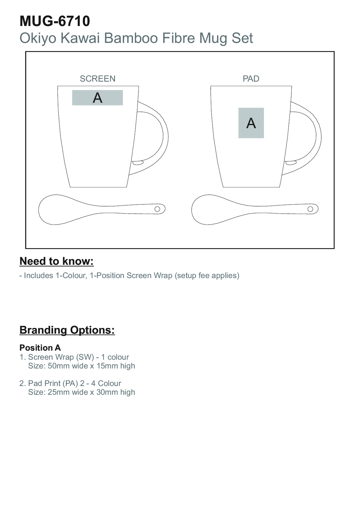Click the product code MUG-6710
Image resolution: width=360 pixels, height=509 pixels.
point(55,21)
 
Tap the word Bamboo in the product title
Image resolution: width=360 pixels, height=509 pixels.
point(131,38)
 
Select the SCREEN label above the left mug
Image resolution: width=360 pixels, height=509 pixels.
point(98,79)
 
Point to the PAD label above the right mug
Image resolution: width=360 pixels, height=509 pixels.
point(251,79)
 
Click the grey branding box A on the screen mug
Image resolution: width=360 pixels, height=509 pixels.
point(98,98)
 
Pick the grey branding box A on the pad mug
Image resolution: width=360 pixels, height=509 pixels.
point(251,123)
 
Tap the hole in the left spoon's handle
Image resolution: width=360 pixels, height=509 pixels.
point(157,209)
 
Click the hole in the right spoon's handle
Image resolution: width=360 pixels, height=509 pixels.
point(310,209)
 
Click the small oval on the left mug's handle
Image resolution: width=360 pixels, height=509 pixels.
point(138,163)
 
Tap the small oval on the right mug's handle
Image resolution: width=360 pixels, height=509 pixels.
point(291,163)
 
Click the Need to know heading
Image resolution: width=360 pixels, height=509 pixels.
point(57,261)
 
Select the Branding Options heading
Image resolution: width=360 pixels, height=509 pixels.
point(67,330)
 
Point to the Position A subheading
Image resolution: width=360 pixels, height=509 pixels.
point(40,348)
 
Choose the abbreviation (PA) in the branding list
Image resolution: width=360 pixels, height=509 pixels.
point(70,383)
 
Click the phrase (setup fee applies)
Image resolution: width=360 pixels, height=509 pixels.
point(207,275)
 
